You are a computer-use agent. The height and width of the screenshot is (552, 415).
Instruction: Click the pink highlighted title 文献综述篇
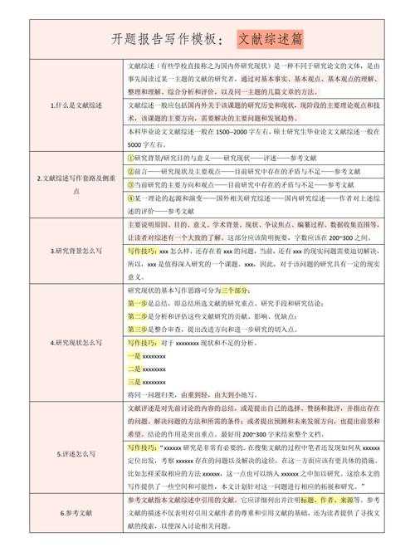click(x=271, y=39)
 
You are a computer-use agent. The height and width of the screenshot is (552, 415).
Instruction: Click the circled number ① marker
click(x=131, y=157)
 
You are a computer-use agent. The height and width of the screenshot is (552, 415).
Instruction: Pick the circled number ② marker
click(x=131, y=170)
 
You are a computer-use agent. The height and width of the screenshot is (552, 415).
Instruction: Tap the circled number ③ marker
click(x=131, y=183)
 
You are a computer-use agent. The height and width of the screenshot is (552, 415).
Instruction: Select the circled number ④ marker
click(x=131, y=198)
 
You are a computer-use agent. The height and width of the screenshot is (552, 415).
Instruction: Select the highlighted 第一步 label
click(x=138, y=304)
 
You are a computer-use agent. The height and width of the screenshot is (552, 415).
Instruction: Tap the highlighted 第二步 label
click(x=138, y=316)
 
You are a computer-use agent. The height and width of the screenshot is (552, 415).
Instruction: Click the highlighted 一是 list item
click(x=134, y=356)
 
